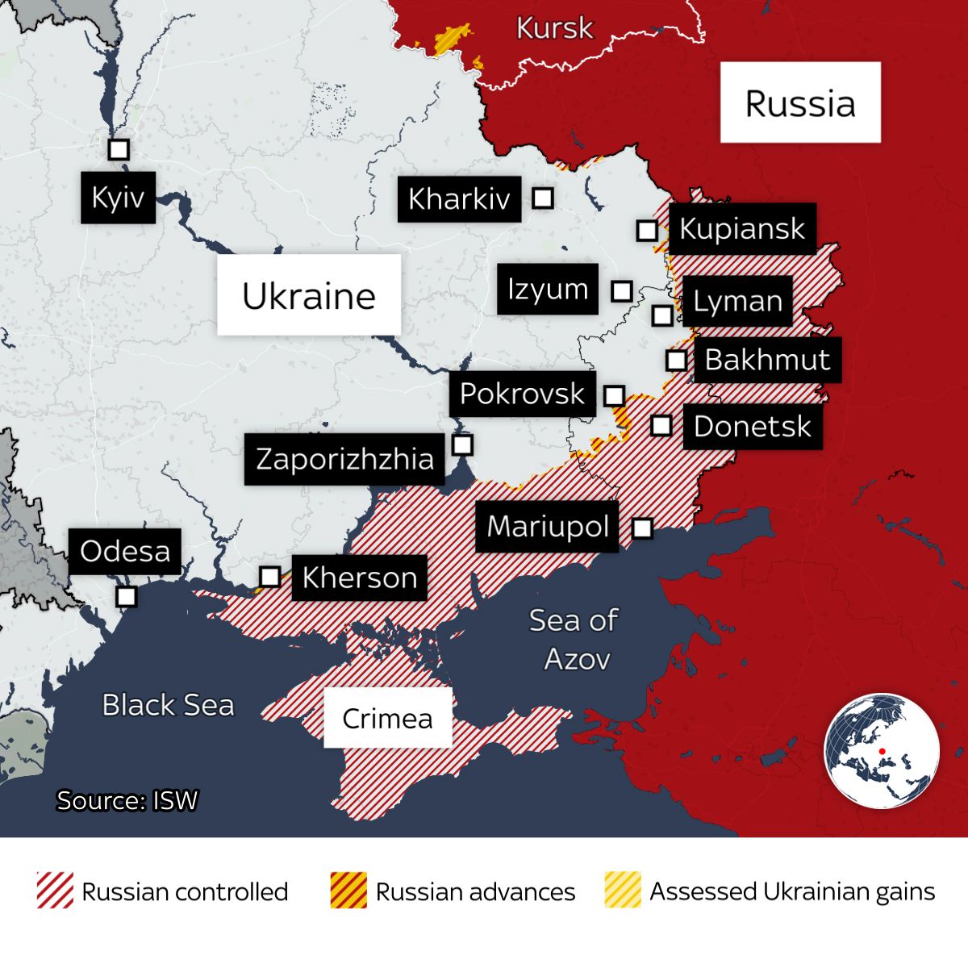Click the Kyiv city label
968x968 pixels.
pyautogui.click(x=118, y=197)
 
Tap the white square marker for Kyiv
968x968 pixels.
pyautogui.click(x=119, y=149)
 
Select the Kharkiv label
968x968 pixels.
pyautogui.click(x=459, y=198)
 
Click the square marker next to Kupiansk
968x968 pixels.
pyautogui.click(x=647, y=230)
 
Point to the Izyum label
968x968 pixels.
pyautogui.click(x=548, y=289)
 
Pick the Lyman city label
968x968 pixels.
pyautogui.click(x=737, y=301)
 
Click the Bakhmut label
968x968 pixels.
pyautogui.click(x=766, y=360)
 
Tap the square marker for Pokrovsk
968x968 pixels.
pyautogui.click(x=614, y=395)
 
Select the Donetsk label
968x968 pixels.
pyautogui.click(x=752, y=426)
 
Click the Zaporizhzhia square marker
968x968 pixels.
pyautogui.click(x=462, y=444)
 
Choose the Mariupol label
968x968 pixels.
pyautogui.click(x=547, y=526)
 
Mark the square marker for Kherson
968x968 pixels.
pyautogui.click(x=270, y=577)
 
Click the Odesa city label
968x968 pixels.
pyautogui.click(x=125, y=552)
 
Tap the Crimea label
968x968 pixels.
pyautogui.click(x=387, y=718)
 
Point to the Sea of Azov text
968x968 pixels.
pyautogui.click(x=574, y=640)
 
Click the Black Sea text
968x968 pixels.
pyautogui.click(x=168, y=705)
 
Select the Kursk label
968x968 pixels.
pyautogui.click(x=554, y=28)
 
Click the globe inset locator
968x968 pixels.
pyautogui.click(x=882, y=750)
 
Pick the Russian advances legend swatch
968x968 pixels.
pyautogui.click(x=348, y=891)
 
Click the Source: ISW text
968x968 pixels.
pyautogui.click(x=127, y=800)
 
